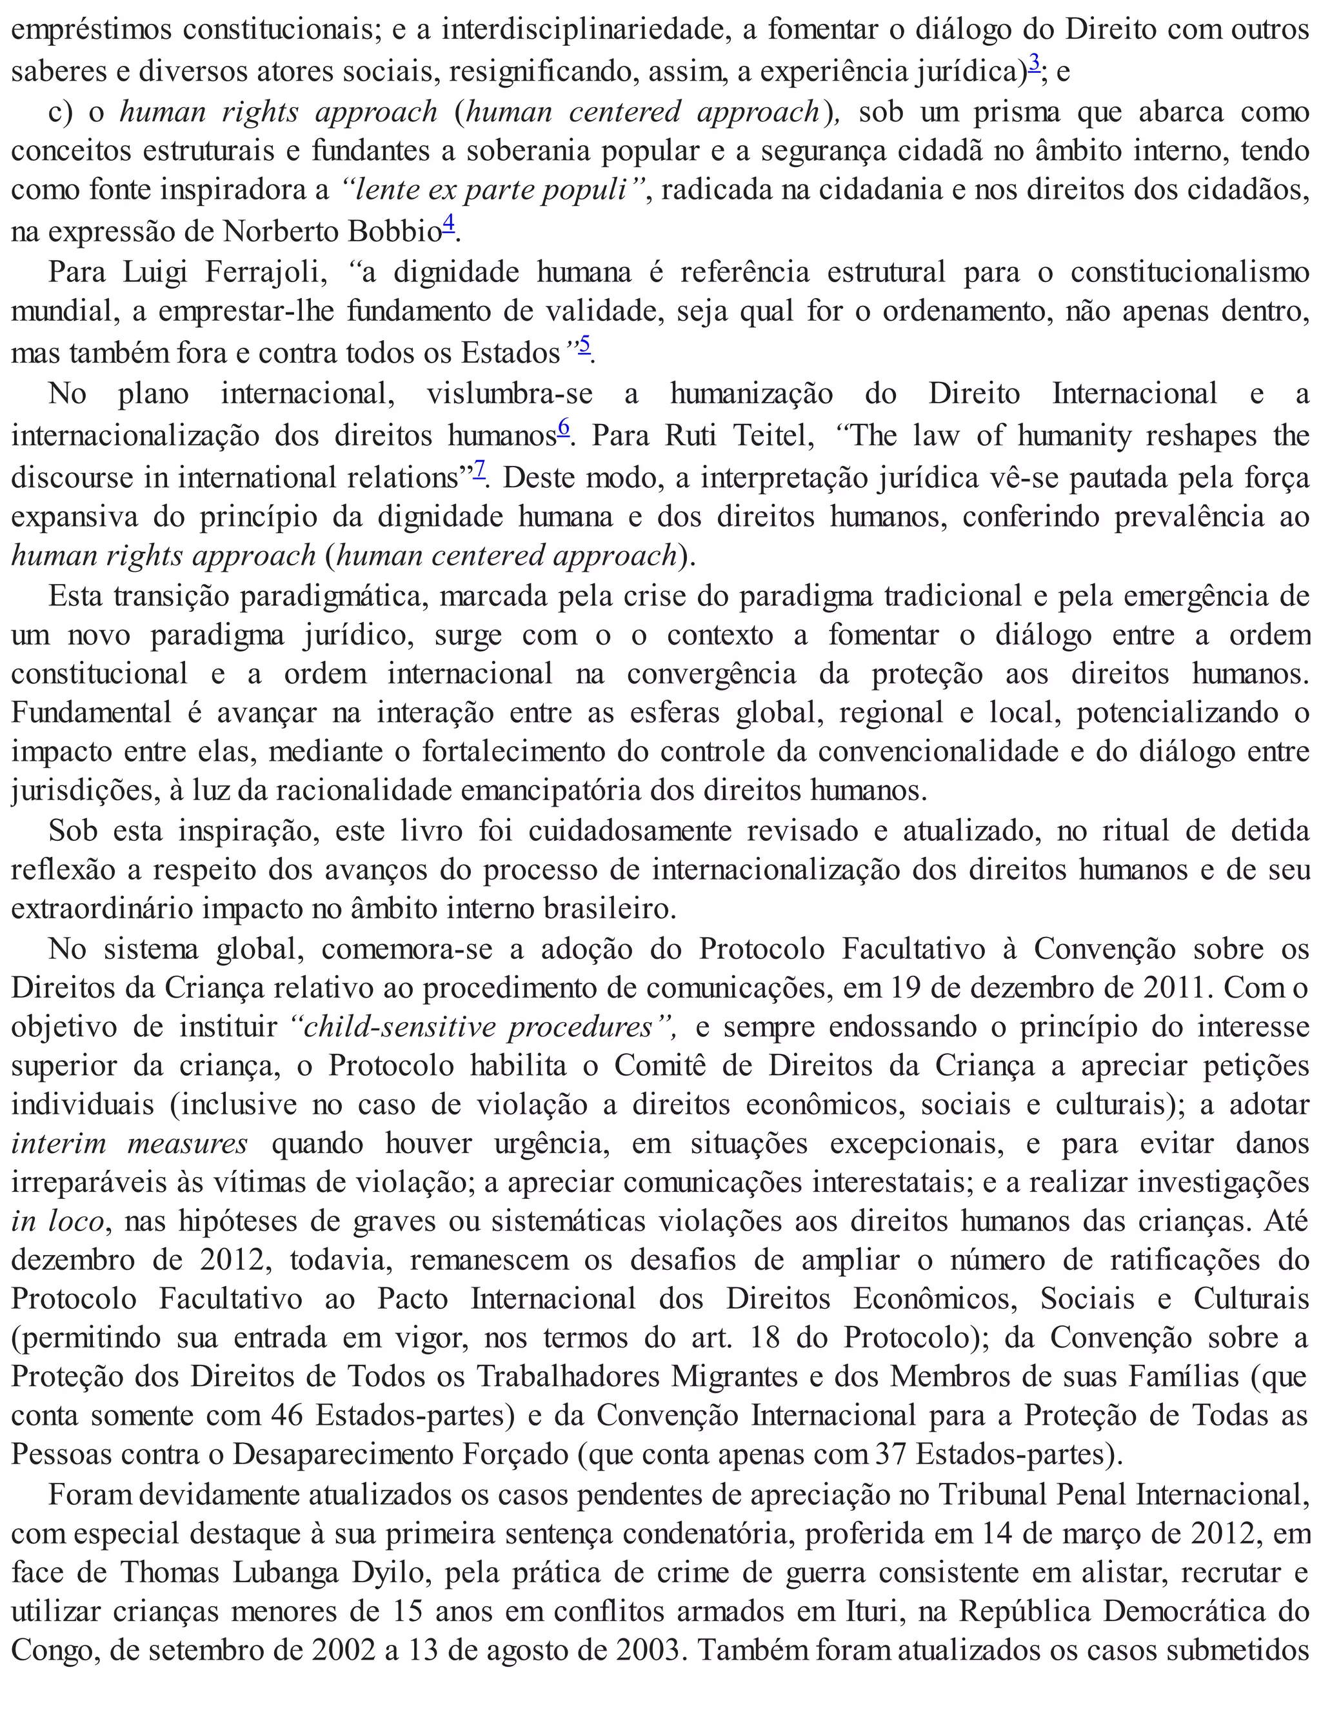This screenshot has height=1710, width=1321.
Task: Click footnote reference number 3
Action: coord(1035,63)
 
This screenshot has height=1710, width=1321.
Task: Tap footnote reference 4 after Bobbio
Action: coord(448,224)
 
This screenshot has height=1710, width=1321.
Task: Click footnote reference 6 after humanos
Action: coord(564,427)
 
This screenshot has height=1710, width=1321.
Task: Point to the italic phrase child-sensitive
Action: coord(399,1027)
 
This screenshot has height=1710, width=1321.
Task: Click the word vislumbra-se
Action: coord(510,393)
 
